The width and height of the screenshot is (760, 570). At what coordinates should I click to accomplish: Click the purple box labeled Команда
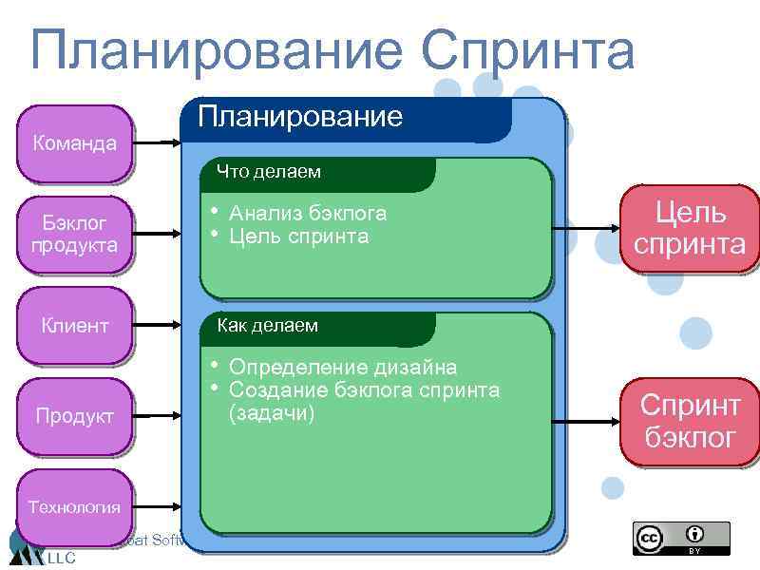point(74,143)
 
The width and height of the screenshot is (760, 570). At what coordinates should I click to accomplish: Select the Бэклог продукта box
point(74,234)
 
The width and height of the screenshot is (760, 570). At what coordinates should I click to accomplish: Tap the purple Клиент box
point(74,326)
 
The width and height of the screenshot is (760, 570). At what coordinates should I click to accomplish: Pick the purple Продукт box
point(74,416)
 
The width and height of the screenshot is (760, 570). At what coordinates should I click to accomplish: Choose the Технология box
point(74,506)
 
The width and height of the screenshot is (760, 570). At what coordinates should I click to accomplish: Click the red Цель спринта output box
point(690,229)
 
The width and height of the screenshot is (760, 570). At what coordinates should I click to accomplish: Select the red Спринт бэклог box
point(690,421)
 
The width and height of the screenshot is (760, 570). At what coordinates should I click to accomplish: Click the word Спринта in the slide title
point(528,51)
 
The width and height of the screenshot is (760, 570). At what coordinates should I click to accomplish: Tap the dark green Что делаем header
point(269,172)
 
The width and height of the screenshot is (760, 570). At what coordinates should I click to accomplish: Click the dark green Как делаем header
point(269,326)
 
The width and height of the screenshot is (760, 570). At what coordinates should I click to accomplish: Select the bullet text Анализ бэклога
point(308,214)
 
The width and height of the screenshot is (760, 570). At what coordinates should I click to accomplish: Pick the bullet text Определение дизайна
point(342,367)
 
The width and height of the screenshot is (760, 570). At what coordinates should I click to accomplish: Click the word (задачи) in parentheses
point(272,414)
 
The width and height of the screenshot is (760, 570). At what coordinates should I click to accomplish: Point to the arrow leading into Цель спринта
point(584,229)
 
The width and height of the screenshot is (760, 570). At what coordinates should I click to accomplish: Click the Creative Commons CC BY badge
point(681,538)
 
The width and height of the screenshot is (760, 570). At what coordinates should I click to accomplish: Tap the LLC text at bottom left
point(61,558)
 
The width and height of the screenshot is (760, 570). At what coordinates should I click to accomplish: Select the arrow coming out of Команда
point(157,143)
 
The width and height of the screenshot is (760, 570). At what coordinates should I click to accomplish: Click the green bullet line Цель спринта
point(298,237)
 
